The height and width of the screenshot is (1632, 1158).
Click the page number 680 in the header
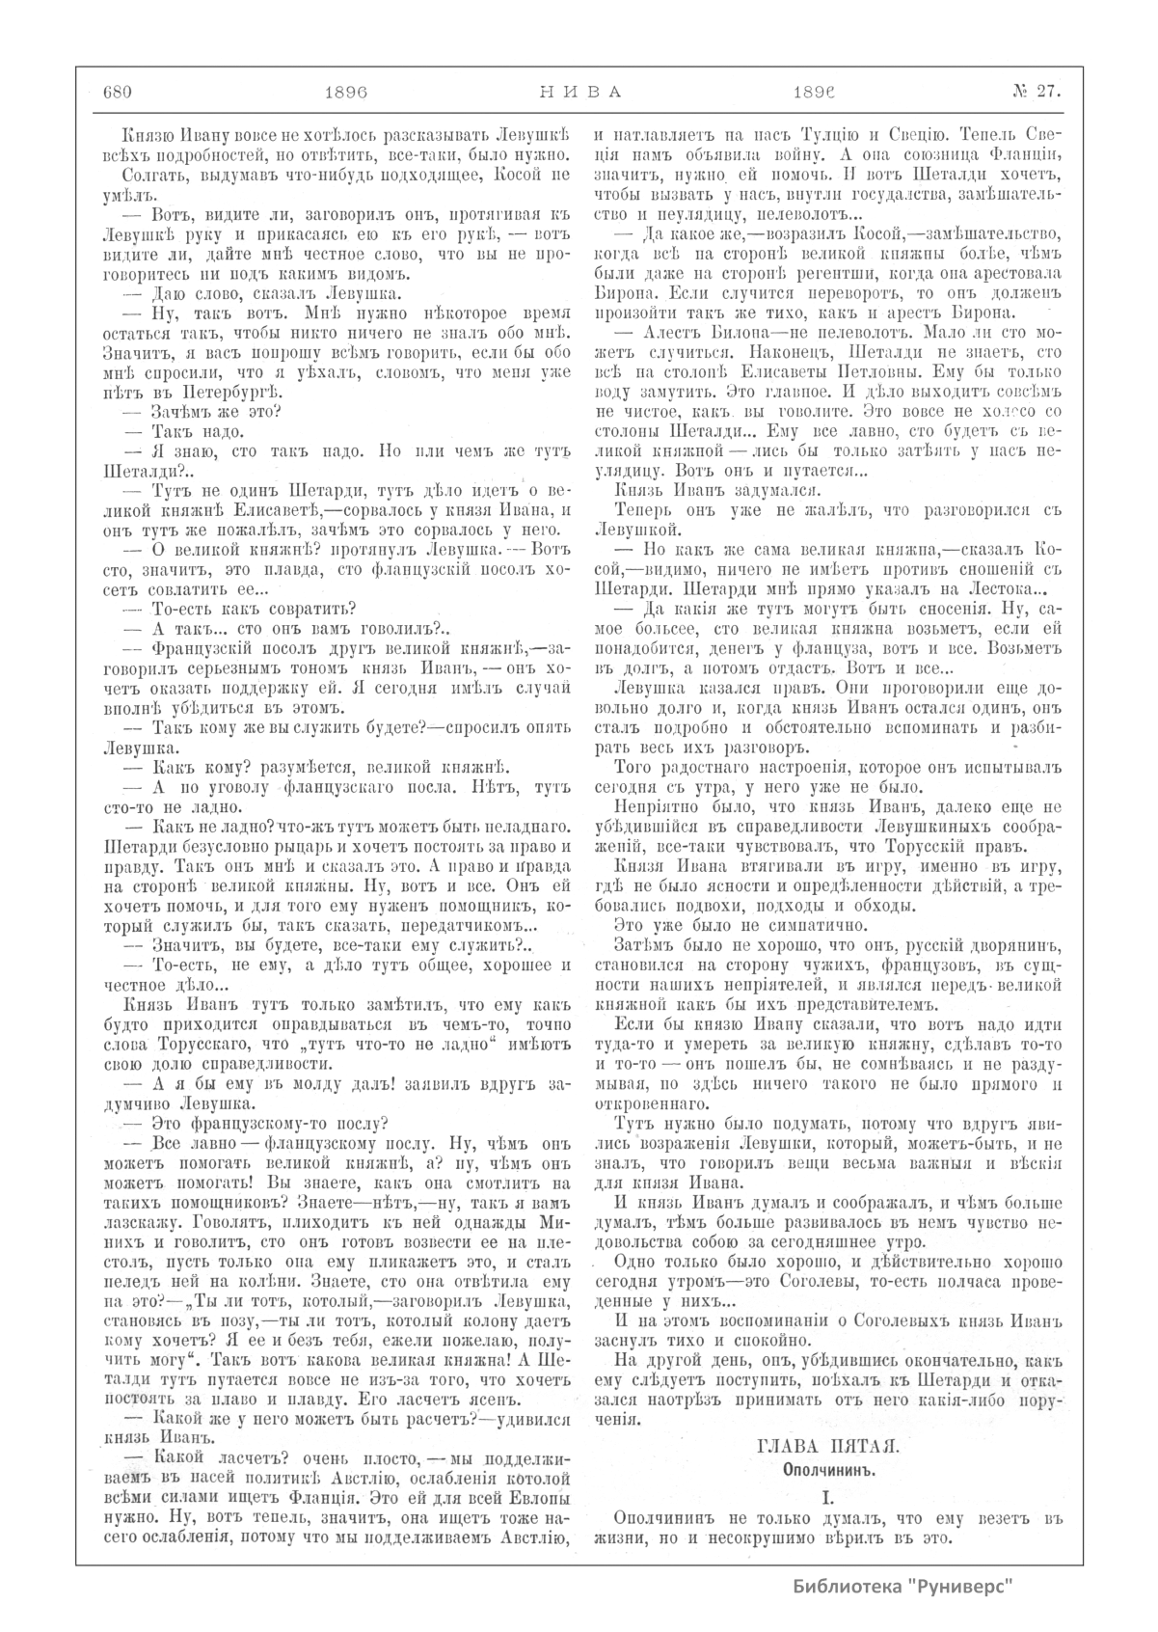tap(117, 92)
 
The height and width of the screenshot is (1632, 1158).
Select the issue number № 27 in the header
tap(1036, 92)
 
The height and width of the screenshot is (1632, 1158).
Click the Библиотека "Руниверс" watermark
tap(906, 1587)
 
